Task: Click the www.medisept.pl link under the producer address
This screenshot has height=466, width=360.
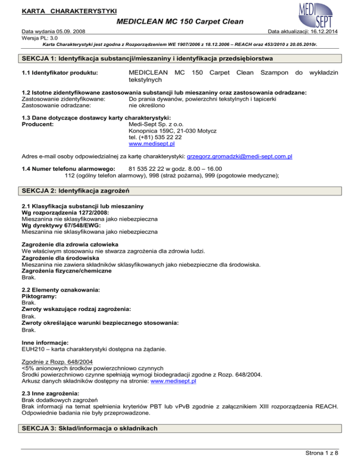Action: tap(151, 144)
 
